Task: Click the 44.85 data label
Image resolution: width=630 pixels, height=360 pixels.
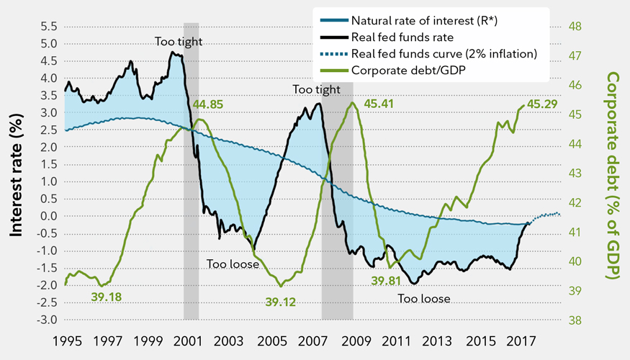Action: tap(208, 104)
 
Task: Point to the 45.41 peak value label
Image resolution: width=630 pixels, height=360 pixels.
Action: tap(382, 104)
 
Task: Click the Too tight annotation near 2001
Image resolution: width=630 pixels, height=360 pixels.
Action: tap(174, 41)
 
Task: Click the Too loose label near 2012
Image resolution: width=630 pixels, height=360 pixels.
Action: tap(424, 298)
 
